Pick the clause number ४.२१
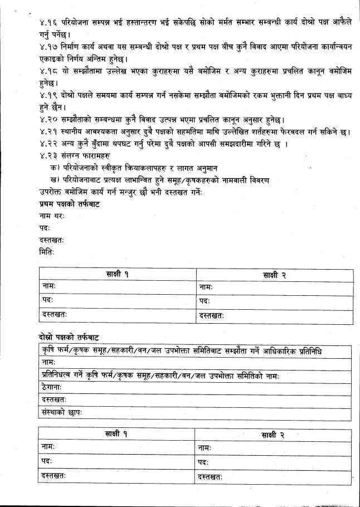(40, 133)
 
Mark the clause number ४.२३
(40, 156)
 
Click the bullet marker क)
(55, 168)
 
